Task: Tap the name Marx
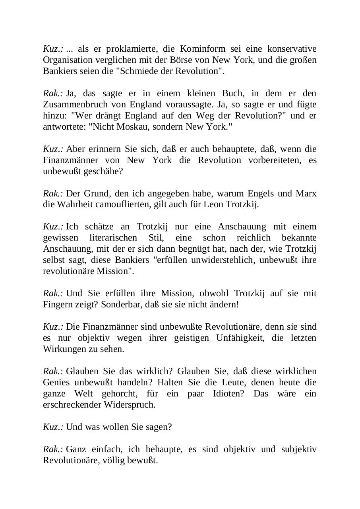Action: tap(306, 194)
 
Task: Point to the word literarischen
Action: tap(117, 238)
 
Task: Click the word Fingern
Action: tap(56, 305)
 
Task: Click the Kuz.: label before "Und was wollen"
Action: tap(53, 427)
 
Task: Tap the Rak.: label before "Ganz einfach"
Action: tap(53, 449)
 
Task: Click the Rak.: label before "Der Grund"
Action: tap(53, 194)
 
